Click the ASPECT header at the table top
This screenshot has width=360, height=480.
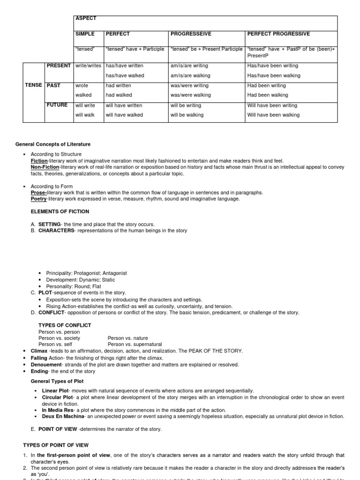click(x=85, y=18)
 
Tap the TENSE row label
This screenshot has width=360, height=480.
click(x=33, y=85)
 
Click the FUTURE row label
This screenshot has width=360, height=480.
click(x=57, y=105)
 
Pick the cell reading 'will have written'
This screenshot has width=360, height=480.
click(x=124, y=105)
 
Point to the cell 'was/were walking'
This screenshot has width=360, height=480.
click(x=191, y=95)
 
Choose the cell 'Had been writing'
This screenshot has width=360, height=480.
click(x=266, y=85)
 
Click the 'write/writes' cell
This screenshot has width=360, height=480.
click(x=89, y=66)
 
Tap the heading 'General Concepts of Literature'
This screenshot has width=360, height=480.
click(x=53, y=144)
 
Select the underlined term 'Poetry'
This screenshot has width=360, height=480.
click(x=39, y=199)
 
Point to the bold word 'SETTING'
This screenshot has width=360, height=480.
click(x=49, y=225)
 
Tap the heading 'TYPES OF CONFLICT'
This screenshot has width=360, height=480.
click(x=65, y=325)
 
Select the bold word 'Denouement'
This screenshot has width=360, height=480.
click(x=46, y=364)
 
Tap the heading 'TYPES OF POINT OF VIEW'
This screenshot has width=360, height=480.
click(x=56, y=445)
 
